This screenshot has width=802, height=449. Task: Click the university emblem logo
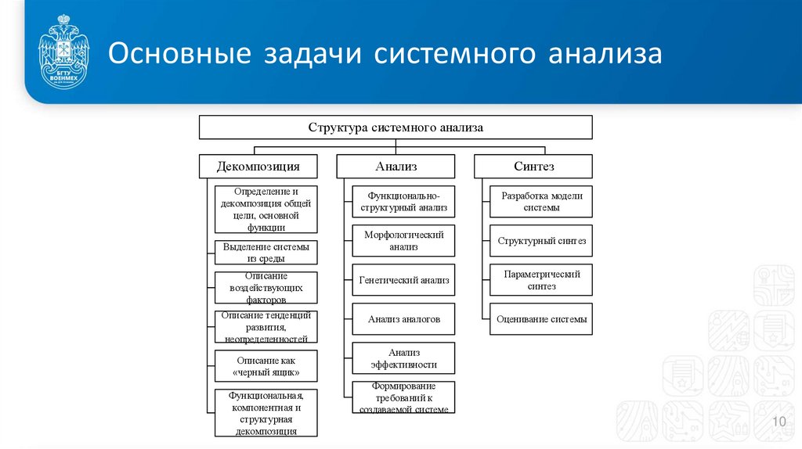[63, 53]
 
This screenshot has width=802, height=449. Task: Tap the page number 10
[779, 422]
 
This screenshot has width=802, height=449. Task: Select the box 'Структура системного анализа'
[396, 127]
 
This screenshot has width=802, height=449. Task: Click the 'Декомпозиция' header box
[258, 166]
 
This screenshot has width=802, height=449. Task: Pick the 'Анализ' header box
[396, 166]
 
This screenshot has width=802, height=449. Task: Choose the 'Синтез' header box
[533, 166]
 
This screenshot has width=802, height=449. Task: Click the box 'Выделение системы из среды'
[266, 252]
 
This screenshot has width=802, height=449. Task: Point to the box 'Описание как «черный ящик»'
[266, 366]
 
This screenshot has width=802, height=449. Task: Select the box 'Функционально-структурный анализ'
[403, 201]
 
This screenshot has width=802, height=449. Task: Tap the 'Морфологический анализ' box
[403, 240]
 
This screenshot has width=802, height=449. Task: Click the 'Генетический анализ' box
[403, 279]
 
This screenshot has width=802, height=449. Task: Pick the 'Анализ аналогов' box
[403, 318]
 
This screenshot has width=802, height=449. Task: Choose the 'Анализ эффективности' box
[403, 358]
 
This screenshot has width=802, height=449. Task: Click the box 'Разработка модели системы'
[541, 201]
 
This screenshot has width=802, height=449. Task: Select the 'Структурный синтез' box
[541, 240]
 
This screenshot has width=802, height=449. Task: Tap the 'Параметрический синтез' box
[541, 279]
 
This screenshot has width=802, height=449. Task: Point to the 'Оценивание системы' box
[541, 318]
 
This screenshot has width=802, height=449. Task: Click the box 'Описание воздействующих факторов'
[266, 287]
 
